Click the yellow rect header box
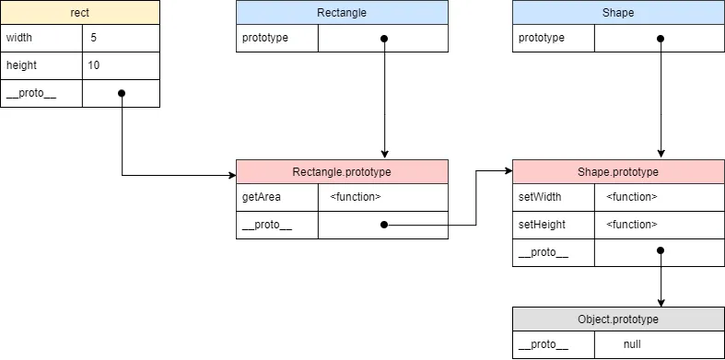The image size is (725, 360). pos(79,12)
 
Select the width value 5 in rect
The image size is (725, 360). pos(94,39)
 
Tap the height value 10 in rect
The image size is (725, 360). pos(94,66)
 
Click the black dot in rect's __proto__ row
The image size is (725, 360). pos(122,93)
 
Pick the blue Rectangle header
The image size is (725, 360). pos(342,13)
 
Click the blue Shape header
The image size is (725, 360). pos(618,13)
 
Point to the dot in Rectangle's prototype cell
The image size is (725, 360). pos(384,39)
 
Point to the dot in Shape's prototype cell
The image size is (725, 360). pos(661,39)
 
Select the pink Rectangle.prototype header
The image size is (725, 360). pos(342,172)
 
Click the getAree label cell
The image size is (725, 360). pos(277,197)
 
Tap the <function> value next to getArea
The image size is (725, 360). pos(355,197)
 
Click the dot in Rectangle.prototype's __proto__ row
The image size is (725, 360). pos(384,225)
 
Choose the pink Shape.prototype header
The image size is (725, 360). pos(618,172)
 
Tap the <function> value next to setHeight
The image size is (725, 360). pos(631,225)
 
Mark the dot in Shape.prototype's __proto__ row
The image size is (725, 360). pos(661,251)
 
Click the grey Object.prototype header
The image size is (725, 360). pos(618,319)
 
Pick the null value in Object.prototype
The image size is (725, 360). pos(631,345)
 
